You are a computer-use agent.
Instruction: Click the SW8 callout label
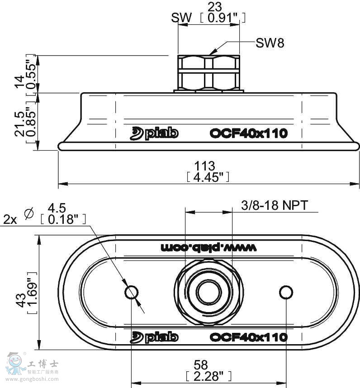click(270, 43)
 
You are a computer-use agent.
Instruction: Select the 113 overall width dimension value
click(204, 166)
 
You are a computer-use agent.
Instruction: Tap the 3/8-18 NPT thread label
click(275, 205)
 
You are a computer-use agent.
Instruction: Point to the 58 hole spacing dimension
click(201, 365)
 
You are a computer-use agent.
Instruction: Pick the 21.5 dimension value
click(19, 124)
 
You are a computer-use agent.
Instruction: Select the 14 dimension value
click(19, 82)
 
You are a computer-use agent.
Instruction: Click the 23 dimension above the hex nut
click(214, 7)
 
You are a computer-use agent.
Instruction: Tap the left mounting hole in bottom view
click(131, 292)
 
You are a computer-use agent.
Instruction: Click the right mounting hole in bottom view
click(286, 292)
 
